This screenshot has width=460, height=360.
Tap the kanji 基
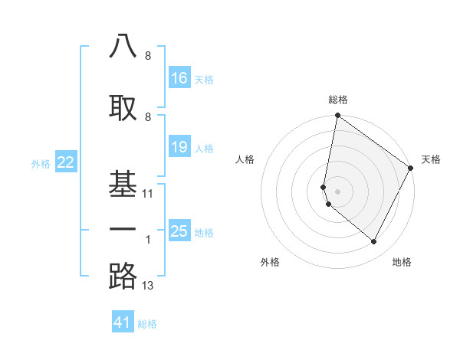pos(123,182)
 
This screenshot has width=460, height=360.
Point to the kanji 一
pos(123,229)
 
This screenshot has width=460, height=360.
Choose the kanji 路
pos(123,276)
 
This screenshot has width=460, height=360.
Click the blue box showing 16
pos(179,78)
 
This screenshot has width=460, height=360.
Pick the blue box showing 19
pos(179,147)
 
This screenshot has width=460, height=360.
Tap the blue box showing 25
pos(179,231)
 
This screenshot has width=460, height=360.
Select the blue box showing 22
pos(66,162)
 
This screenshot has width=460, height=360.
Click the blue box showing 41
pos(123,322)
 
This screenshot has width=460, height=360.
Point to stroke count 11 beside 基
pos(148,194)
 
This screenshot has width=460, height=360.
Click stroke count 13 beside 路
pos(148,286)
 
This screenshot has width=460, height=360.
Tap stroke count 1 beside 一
pos(148,240)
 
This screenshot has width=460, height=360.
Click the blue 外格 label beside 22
pos(41,162)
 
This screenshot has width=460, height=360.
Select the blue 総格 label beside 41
pos(147,324)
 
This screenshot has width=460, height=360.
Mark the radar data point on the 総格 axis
pos(337,116)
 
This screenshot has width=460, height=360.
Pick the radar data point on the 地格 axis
pos(374,242)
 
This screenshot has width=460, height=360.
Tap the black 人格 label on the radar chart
pos(245,159)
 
